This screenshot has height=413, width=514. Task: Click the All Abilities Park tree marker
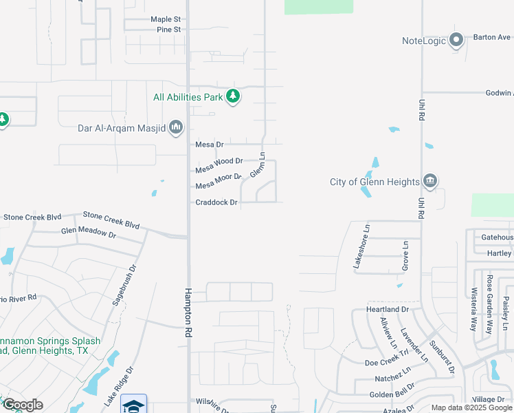(233, 96)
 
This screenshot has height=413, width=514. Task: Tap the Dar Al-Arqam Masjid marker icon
(176, 127)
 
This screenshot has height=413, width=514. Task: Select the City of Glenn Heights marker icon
(430, 182)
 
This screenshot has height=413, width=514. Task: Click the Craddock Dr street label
(216, 202)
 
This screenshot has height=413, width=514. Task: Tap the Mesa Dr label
(210, 145)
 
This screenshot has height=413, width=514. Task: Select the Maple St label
(166, 19)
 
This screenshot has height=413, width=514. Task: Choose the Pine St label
(168, 30)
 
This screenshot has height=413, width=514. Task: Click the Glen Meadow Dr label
(89, 233)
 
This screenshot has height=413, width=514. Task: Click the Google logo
(23, 405)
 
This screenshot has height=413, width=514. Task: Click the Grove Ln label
(405, 255)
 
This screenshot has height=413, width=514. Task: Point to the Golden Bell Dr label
(390, 394)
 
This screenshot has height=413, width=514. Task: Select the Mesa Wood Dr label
(219, 163)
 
